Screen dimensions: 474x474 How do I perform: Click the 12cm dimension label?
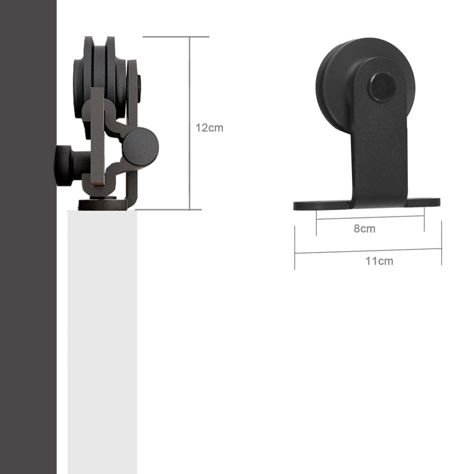(209, 128)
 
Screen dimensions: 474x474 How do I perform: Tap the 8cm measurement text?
(364, 229)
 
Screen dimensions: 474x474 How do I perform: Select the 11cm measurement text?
(379, 261)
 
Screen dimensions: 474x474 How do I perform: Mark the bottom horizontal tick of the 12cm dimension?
(169, 209)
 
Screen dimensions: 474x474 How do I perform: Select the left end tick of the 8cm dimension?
(317, 222)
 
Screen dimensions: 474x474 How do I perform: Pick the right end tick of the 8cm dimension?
(424, 221)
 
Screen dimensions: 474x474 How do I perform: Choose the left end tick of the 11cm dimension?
(295, 248)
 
